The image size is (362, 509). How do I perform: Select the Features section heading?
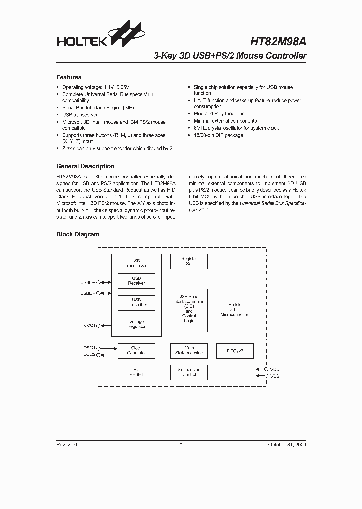(x=69, y=77)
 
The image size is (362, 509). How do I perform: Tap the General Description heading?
(x=85, y=166)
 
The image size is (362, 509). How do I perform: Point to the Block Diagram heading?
(x=77, y=234)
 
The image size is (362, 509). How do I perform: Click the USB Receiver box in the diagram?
(x=136, y=281)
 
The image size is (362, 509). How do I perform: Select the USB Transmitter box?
(x=136, y=302)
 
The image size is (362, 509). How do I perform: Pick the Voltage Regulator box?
(x=136, y=324)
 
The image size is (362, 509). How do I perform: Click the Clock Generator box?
(x=136, y=351)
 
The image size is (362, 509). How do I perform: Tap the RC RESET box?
(x=136, y=372)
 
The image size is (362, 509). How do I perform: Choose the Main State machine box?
(x=189, y=351)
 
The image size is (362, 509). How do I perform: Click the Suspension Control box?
(x=189, y=372)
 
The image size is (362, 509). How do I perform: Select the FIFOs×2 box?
(x=234, y=351)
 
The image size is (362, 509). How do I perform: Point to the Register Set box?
(x=189, y=261)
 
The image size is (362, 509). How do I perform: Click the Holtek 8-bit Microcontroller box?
(x=234, y=310)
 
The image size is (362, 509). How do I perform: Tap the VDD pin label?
(x=275, y=369)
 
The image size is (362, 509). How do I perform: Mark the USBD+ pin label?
(x=87, y=283)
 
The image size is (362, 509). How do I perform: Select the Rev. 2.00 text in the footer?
(x=66, y=445)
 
